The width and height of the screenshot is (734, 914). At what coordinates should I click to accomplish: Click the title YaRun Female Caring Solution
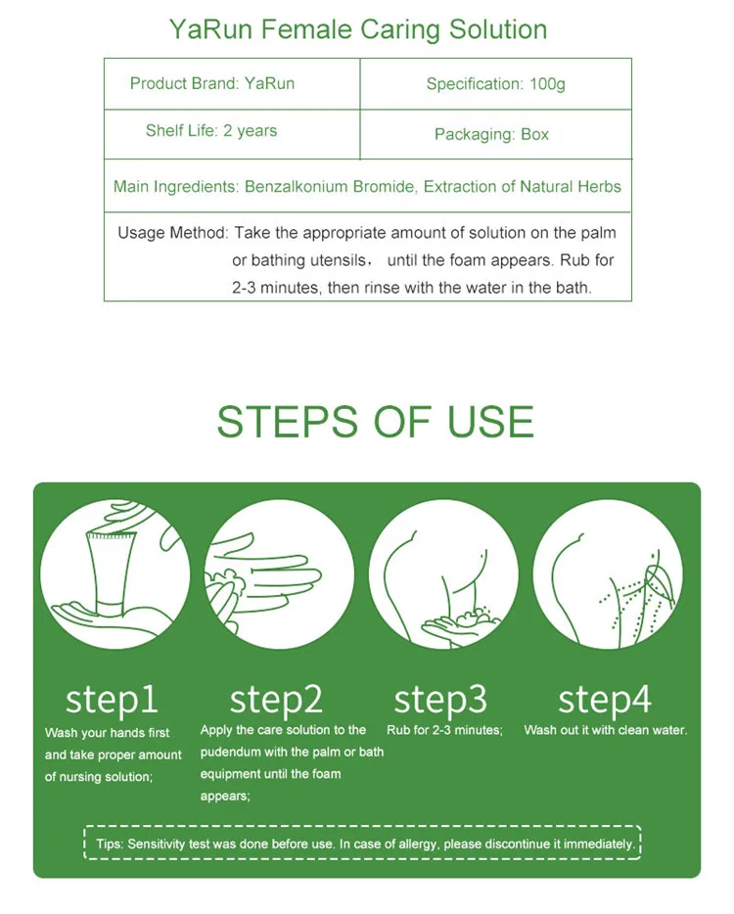358,29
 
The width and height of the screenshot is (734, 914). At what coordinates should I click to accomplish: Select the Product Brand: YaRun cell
231,83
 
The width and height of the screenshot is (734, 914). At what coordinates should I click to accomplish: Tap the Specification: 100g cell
495,83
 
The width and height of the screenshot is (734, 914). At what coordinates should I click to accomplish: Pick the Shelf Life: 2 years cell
231,134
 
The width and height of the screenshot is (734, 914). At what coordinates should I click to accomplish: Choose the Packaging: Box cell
495,134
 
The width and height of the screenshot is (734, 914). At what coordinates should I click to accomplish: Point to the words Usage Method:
173,233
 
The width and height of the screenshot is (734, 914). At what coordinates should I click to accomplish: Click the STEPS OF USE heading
376,422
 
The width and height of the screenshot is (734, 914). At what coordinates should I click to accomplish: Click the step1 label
112,699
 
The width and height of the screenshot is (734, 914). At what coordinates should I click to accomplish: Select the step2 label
276,699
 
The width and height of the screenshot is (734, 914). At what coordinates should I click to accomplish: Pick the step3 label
440,699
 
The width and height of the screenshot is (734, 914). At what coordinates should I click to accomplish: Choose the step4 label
605,699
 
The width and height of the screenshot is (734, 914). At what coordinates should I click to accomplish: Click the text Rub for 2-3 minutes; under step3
445,730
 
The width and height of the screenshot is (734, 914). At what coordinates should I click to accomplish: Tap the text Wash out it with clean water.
606,730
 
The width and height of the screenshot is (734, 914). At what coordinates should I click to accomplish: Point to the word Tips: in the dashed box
111,845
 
